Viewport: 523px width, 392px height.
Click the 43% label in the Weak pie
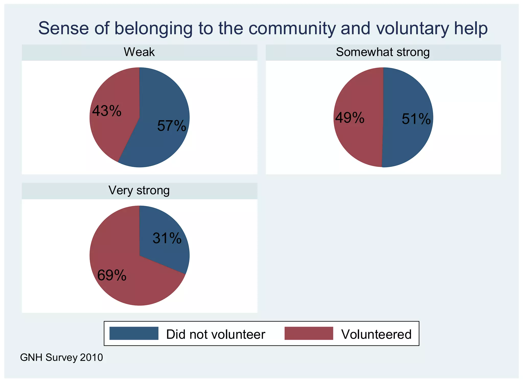click(107, 111)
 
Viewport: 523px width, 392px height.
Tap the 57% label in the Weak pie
click(172, 126)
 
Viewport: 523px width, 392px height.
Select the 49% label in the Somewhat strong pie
click(350, 118)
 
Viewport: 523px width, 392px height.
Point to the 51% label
click(416, 119)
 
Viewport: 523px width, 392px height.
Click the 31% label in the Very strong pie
click(167, 238)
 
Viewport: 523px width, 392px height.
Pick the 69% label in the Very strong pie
click(112, 275)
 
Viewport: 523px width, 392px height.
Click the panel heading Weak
click(139, 52)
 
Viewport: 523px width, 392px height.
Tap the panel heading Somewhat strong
click(383, 52)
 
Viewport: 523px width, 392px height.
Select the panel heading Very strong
click(139, 190)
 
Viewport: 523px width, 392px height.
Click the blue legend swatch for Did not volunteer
click(134, 333)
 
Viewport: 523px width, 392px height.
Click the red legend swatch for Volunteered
click(309, 333)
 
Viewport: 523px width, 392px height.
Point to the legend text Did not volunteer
click(216, 334)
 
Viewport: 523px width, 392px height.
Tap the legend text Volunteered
click(376, 334)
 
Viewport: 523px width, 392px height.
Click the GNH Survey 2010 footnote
click(62, 358)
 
